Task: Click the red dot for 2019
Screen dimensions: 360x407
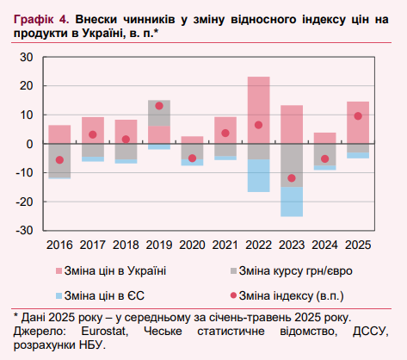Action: click(x=159, y=106)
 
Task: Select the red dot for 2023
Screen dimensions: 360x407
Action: click(x=292, y=178)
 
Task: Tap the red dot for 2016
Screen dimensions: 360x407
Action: click(x=59, y=159)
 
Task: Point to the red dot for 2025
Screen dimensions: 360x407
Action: click(x=358, y=116)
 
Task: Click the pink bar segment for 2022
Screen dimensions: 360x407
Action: click(x=258, y=109)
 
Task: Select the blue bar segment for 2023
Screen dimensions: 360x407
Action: click(x=292, y=202)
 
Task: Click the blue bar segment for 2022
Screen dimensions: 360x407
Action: click(x=258, y=176)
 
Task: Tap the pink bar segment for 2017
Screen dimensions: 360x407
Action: click(x=93, y=130)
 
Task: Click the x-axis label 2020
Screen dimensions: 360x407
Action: click(x=192, y=245)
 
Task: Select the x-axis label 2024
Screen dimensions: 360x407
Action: click(x=324, y=245)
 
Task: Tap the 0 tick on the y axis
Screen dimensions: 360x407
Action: click(x=29, y=144)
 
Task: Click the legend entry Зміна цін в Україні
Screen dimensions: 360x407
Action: click(x=113, y=270)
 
